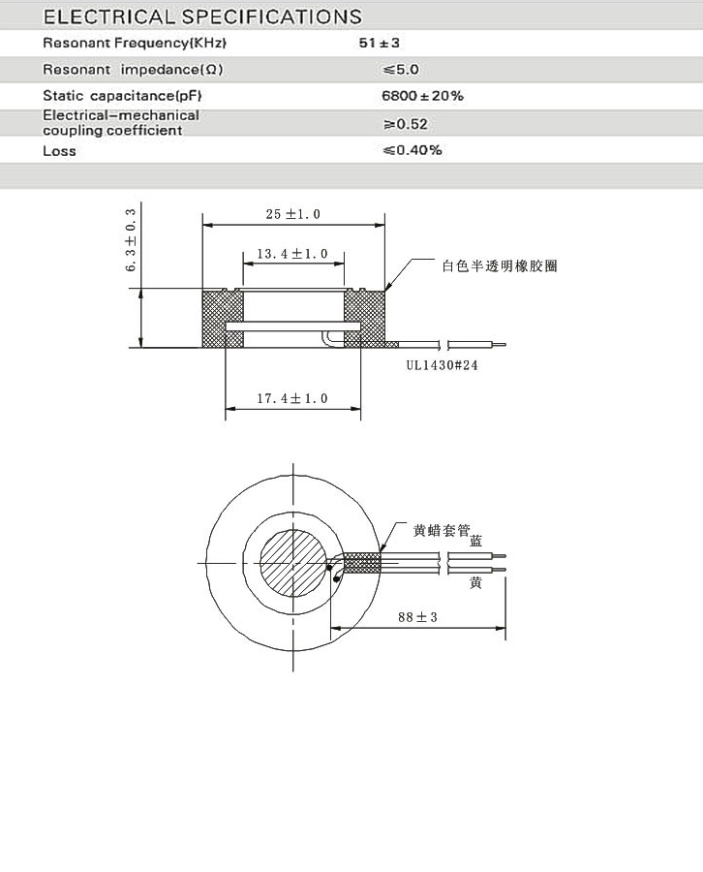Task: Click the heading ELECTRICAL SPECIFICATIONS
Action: pos(202,16)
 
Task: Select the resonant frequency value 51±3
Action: pos(406,44)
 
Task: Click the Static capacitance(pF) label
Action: pos(122,96)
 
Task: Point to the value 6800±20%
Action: pos(423,96)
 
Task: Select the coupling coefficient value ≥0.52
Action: pos(406,124)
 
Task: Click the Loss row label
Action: pos(59,151)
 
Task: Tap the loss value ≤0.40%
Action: pos(413,150)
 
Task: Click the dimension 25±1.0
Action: pos(292,214)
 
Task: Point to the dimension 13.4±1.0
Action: pos(292,254)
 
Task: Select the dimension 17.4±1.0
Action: pos(292,398)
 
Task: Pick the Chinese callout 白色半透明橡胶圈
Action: pos(499,265)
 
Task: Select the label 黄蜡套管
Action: pos(441,530)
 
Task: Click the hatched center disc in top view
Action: pos(291,561)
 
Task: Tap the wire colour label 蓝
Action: pos(475,541)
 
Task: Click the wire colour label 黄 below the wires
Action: pos(475,582)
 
